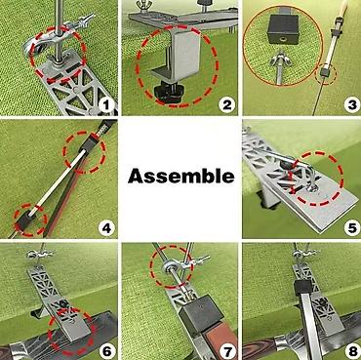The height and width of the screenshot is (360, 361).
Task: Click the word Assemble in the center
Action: (x=180, y=177)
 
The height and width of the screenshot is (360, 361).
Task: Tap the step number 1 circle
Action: (x=107, y=105)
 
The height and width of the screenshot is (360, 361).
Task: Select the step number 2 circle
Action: (x=226, y=104)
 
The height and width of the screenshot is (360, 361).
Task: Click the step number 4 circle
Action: (x=106, y=228)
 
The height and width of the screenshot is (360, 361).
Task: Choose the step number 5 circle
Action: (x=351, y=227)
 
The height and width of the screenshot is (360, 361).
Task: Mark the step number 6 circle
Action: (x=106, y=350)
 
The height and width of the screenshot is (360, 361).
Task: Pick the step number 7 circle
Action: (x=226, y=351)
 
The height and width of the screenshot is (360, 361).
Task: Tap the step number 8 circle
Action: (x=351, y=351)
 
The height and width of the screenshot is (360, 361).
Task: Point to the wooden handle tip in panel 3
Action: (x=343, y=7)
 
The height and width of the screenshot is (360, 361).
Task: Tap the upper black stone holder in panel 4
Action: (x=90, y=143)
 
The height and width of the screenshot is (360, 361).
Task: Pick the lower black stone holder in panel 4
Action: (x=24, y=222)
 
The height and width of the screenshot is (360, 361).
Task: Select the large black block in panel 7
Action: (x=201, y=311)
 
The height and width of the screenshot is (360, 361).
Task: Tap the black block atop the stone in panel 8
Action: (x=303, y=288)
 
